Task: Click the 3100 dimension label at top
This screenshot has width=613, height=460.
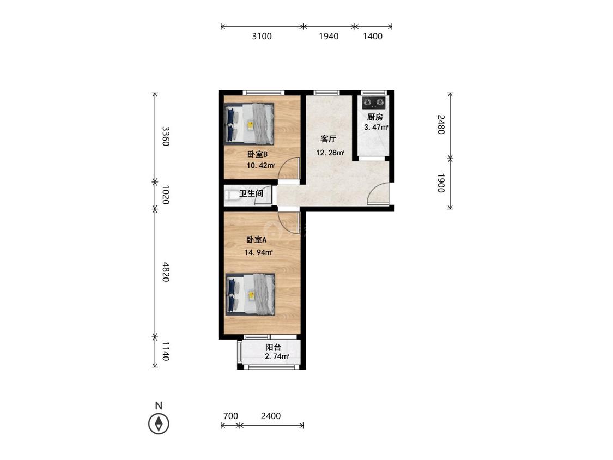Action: click(262, 37)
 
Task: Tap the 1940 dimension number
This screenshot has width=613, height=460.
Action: click(329, 37)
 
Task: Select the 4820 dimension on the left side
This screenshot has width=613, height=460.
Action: click(166, 272)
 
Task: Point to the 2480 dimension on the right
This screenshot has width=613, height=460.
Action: click(441, 124)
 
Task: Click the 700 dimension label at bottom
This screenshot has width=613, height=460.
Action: click(230, 416)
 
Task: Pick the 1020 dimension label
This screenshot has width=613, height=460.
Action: click(166, 195)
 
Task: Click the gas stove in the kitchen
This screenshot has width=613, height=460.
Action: click(373, 103)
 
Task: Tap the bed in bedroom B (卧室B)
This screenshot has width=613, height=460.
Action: click(249, 124)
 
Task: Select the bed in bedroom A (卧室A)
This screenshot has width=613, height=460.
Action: click(250, 294)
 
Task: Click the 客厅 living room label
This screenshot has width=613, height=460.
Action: click(328, 139)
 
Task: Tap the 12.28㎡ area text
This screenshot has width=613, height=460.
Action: click(330, 153)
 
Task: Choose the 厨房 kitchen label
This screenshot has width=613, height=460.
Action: click(374, 117)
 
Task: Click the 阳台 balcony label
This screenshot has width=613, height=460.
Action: click(274, 347)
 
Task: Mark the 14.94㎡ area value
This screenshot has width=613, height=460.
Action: click(258, 252)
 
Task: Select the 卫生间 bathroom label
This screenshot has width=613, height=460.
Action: click(251, 193)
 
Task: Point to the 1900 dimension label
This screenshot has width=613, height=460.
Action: click(441, 183)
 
